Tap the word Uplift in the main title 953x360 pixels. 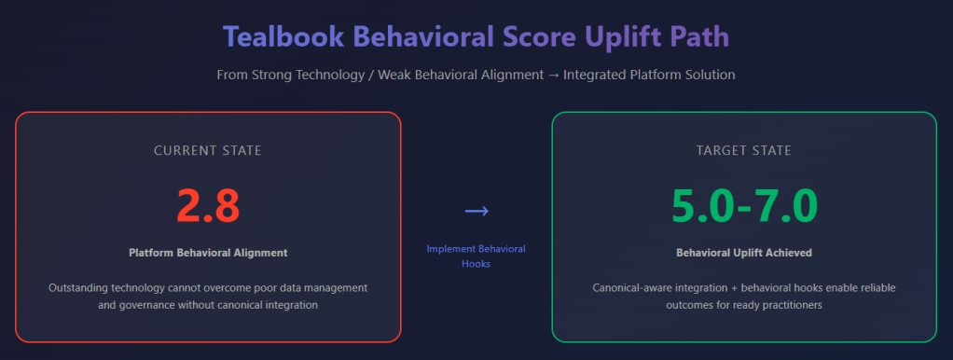tap(624, 38)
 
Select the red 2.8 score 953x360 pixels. tap(209, 206)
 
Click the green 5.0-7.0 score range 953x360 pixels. tap(744, 206)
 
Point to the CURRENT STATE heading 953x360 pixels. tap(208, 150)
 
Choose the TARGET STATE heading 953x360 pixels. tap(744, 150)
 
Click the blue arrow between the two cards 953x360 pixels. tap(476, 211)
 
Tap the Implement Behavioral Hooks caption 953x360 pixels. tap(476, 256)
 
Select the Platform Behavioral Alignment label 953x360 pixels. tap(208, 253)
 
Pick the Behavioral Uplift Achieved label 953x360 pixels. tap(744, 253)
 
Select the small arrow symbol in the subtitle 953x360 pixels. tap(554, 75)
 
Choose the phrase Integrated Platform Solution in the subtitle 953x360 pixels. tap(649, 75)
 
